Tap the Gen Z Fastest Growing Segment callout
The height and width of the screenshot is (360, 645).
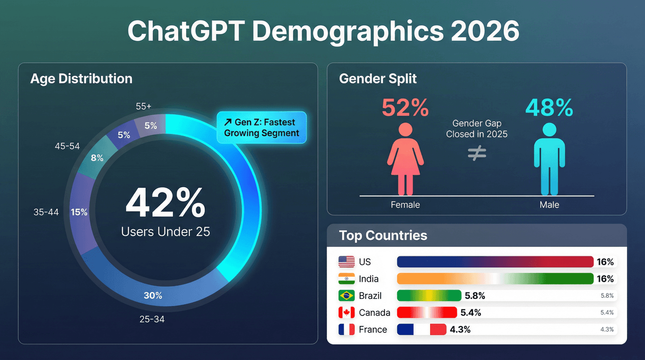[x=262, y=128]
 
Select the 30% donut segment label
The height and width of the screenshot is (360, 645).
[x=153, y=295]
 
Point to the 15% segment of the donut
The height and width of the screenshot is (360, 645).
[x=79, y=212]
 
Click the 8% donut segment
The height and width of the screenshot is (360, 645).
[x=97, y=157]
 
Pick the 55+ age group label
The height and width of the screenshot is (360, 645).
[x=144, y=106]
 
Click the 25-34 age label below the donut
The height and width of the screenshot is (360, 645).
[x=152, y=319]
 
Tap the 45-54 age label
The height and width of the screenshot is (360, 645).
[x=67, y=146]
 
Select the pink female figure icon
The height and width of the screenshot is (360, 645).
[x=405, y=158]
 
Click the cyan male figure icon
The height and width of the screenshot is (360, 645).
[x=549, y=158]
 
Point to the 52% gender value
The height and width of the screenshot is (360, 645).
[x=405, y=108]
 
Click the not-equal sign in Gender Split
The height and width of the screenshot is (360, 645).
[x=477, y=153]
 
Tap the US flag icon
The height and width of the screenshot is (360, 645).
[x=346, y=262]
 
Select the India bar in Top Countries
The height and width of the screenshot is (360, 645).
[x=495, y=279]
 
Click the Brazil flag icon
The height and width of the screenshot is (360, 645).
[x=346, y=296]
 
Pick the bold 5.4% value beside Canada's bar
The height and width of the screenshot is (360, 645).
[x=470, y=313]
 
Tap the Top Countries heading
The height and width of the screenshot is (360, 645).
[x=383, y=235]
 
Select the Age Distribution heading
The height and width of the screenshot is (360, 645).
[x=81, y=79]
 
